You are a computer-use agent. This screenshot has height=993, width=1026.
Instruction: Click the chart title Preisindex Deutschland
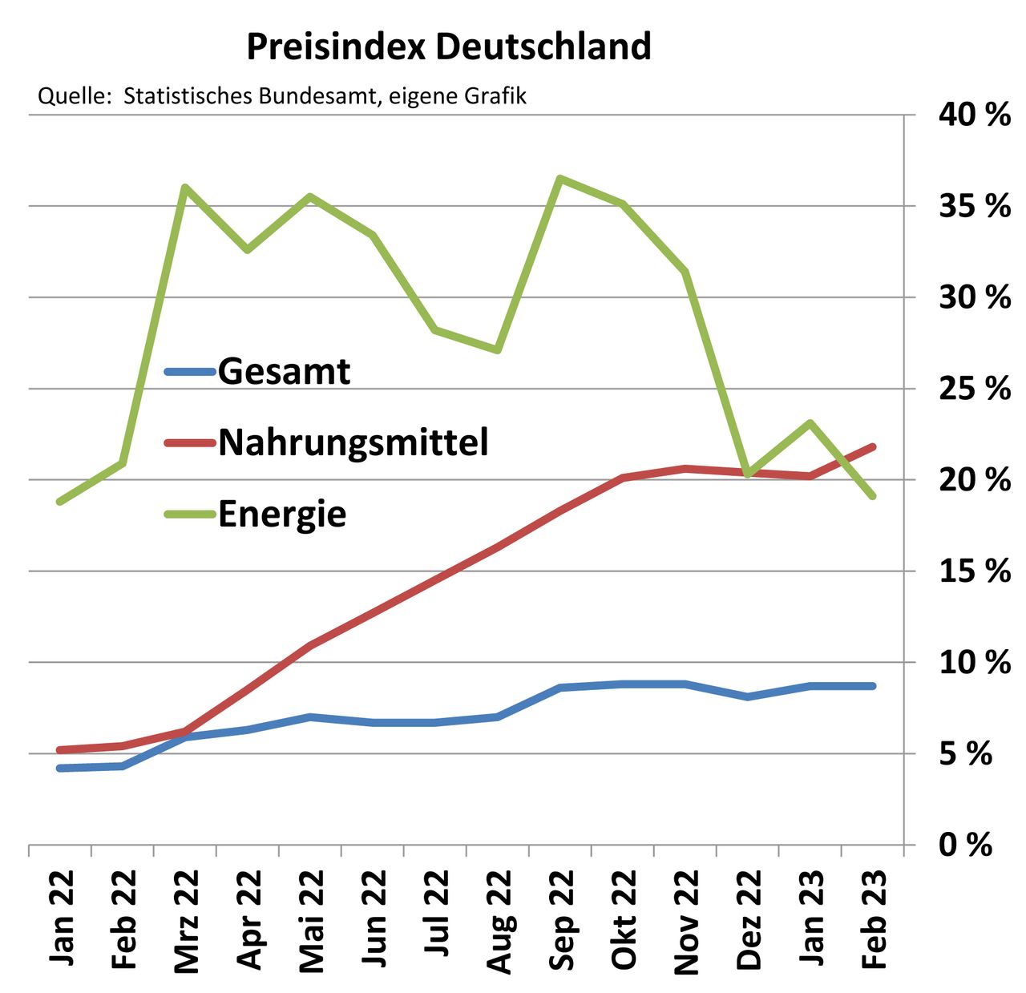click(x=448, y=46)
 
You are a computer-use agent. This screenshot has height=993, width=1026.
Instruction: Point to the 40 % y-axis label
click(x=974, y=115)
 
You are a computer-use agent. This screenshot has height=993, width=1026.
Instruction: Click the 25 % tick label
click(x=974, y=389)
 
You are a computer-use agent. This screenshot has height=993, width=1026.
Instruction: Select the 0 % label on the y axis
click(x=966, y=845)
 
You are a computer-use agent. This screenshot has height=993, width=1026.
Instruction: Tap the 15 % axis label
click(x=974, y=571)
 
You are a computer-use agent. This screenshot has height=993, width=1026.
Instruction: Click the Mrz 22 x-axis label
click(x=186, y=921)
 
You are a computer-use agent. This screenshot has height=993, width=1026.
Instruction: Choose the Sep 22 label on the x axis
click(x=561, y=921)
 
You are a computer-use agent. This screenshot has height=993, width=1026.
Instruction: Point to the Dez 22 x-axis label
click(x=749, y=921)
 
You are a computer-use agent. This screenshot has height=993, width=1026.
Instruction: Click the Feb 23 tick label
click(x=874, y=921)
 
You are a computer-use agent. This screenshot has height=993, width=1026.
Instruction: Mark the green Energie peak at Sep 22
click(x=560, y=179)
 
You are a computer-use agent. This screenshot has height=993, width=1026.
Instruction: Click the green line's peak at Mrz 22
click(x=185, y=188)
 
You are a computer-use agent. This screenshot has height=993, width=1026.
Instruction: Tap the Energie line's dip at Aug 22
click(x=498, y=350)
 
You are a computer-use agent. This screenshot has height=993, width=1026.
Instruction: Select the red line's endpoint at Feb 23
click(x=873, y=446)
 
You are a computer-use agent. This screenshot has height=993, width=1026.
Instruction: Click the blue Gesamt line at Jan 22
click(x=60, y=768)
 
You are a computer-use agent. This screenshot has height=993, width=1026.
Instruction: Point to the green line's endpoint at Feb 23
click(x=873, y=496)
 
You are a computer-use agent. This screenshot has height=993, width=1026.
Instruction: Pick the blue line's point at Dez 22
click(x=748, y=696)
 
